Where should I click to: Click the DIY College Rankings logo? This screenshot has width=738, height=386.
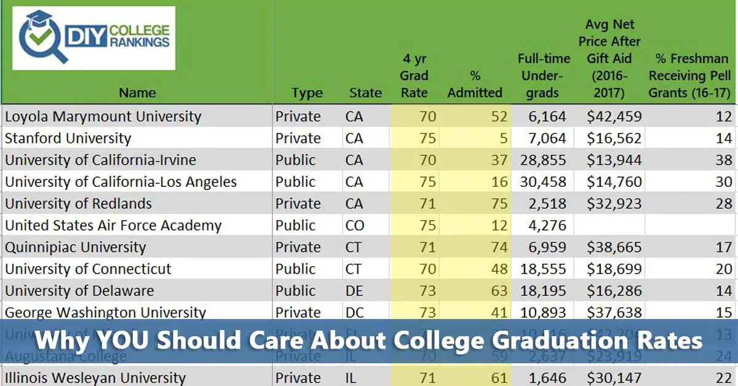tap(93, 38)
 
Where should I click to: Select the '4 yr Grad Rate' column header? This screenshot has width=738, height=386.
tap(415, 76)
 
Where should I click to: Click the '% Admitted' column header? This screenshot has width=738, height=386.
tap(474, 84)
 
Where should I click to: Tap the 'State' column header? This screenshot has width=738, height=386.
tap(365, 93)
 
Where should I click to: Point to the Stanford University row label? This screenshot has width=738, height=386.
tap(68, 138)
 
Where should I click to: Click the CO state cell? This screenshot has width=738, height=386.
tap(355, 226)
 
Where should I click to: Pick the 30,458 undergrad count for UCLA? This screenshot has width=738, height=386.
tap(543, 182)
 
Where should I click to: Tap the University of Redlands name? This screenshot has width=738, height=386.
tap(78, 203)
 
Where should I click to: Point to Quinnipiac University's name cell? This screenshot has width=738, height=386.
tap(75, 247)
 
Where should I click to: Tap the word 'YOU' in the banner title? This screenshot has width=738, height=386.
tap(127, 340)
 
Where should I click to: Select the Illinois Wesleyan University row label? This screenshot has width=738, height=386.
tap(95, 377)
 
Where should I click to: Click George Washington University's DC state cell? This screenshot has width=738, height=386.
tap(355, 312)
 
